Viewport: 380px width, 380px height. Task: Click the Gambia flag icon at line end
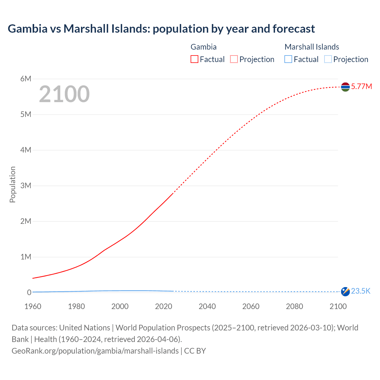coord(345,87)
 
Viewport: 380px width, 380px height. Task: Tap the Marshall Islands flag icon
coord(345,292)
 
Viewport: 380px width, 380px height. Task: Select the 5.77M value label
coord(361,86)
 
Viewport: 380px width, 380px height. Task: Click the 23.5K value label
coord(361,291)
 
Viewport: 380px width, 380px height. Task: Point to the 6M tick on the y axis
coord(26,79)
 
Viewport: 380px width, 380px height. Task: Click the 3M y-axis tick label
coord(26,186)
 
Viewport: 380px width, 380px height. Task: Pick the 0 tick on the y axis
coord(29,292)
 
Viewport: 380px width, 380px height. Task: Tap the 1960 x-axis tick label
coord(33,306)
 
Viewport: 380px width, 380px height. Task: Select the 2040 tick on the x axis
coord(207,306)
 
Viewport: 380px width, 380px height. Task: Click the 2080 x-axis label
coord(294,306)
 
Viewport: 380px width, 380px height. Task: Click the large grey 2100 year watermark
coord(64,94)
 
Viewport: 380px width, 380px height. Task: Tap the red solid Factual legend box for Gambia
coord(194,59)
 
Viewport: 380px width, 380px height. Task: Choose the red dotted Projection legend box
coord(234,59)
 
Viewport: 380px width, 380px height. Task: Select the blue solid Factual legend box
coord(288,59)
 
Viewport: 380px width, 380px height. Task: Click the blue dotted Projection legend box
coord(328,59)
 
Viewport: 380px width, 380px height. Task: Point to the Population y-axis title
coord(12,184)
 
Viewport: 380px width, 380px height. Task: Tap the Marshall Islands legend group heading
coord(312,47)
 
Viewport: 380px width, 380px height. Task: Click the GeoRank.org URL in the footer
coord(95,351)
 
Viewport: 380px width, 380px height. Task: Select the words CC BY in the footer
coord(195,351)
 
